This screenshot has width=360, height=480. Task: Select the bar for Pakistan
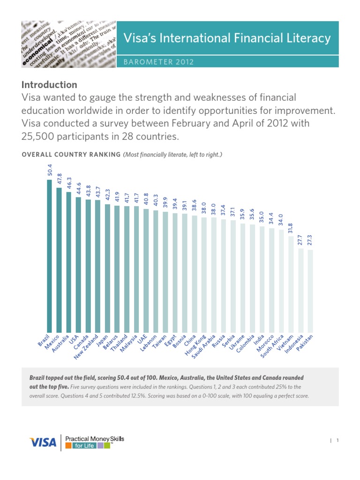(x=310, y=291)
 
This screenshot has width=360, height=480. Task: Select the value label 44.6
(x=79, y=187)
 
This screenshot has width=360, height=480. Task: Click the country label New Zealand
(x=87, y=347)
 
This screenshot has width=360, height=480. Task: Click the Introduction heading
(x=49, y=85)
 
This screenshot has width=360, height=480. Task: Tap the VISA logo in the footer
(x=43, y=442)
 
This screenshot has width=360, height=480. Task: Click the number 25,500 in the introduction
(x=41, y=137)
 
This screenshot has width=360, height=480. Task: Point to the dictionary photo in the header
(x=68, y=45)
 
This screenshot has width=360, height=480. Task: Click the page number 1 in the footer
(x=337, y=440)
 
